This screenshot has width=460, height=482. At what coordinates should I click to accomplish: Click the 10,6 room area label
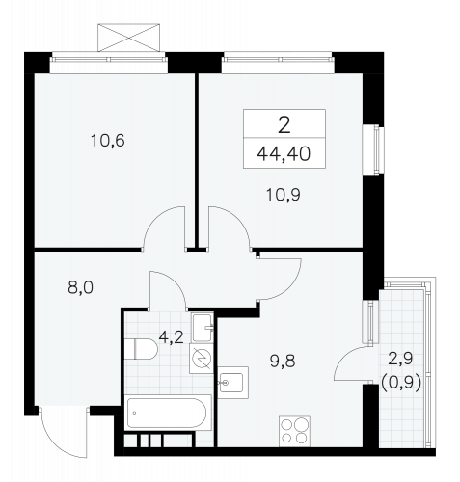tap(108, 141)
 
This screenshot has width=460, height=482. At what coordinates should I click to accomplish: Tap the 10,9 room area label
tap(284, 195)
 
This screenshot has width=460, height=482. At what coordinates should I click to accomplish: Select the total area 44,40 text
tap(284, 154)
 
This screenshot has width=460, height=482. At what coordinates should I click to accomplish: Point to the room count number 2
tap(284, 125)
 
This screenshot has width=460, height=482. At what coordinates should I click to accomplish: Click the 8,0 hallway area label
tap(80, 287)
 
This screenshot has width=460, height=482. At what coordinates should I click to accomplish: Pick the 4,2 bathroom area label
tap(172, 337)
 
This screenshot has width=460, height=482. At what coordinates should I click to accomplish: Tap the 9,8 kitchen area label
tap(283, 361)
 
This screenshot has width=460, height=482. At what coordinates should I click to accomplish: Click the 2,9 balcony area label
tap(400, 359)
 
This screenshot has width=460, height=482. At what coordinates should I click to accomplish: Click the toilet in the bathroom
tap(141, 349)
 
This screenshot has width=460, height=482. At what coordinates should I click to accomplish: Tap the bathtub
tap(167, 413)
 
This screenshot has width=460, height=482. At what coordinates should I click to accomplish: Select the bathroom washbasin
tap(203, 327)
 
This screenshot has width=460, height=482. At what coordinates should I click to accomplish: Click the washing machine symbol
tap(202, 359)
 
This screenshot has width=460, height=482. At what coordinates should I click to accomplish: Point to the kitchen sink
tap(232, 383)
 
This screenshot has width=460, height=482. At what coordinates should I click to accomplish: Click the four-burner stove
tap(294, 431)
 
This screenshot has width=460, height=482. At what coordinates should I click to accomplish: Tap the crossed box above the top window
tap(128, 38)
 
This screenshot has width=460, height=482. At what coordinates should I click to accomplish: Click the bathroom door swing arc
tap(176, 281)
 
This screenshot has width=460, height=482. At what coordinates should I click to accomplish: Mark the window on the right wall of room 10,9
tap(373, 150)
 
